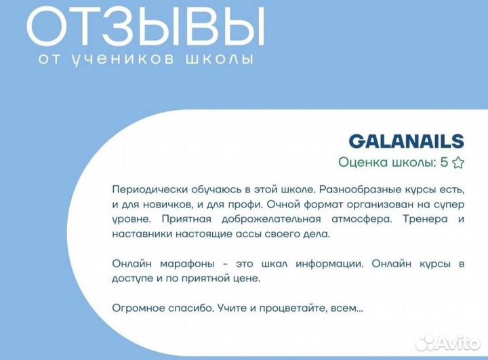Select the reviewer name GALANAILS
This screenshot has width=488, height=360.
click(406, 141)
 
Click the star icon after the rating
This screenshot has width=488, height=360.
click(458, 163)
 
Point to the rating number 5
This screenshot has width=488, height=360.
click(444, 163)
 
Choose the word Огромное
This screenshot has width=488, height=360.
click(134, 308)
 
